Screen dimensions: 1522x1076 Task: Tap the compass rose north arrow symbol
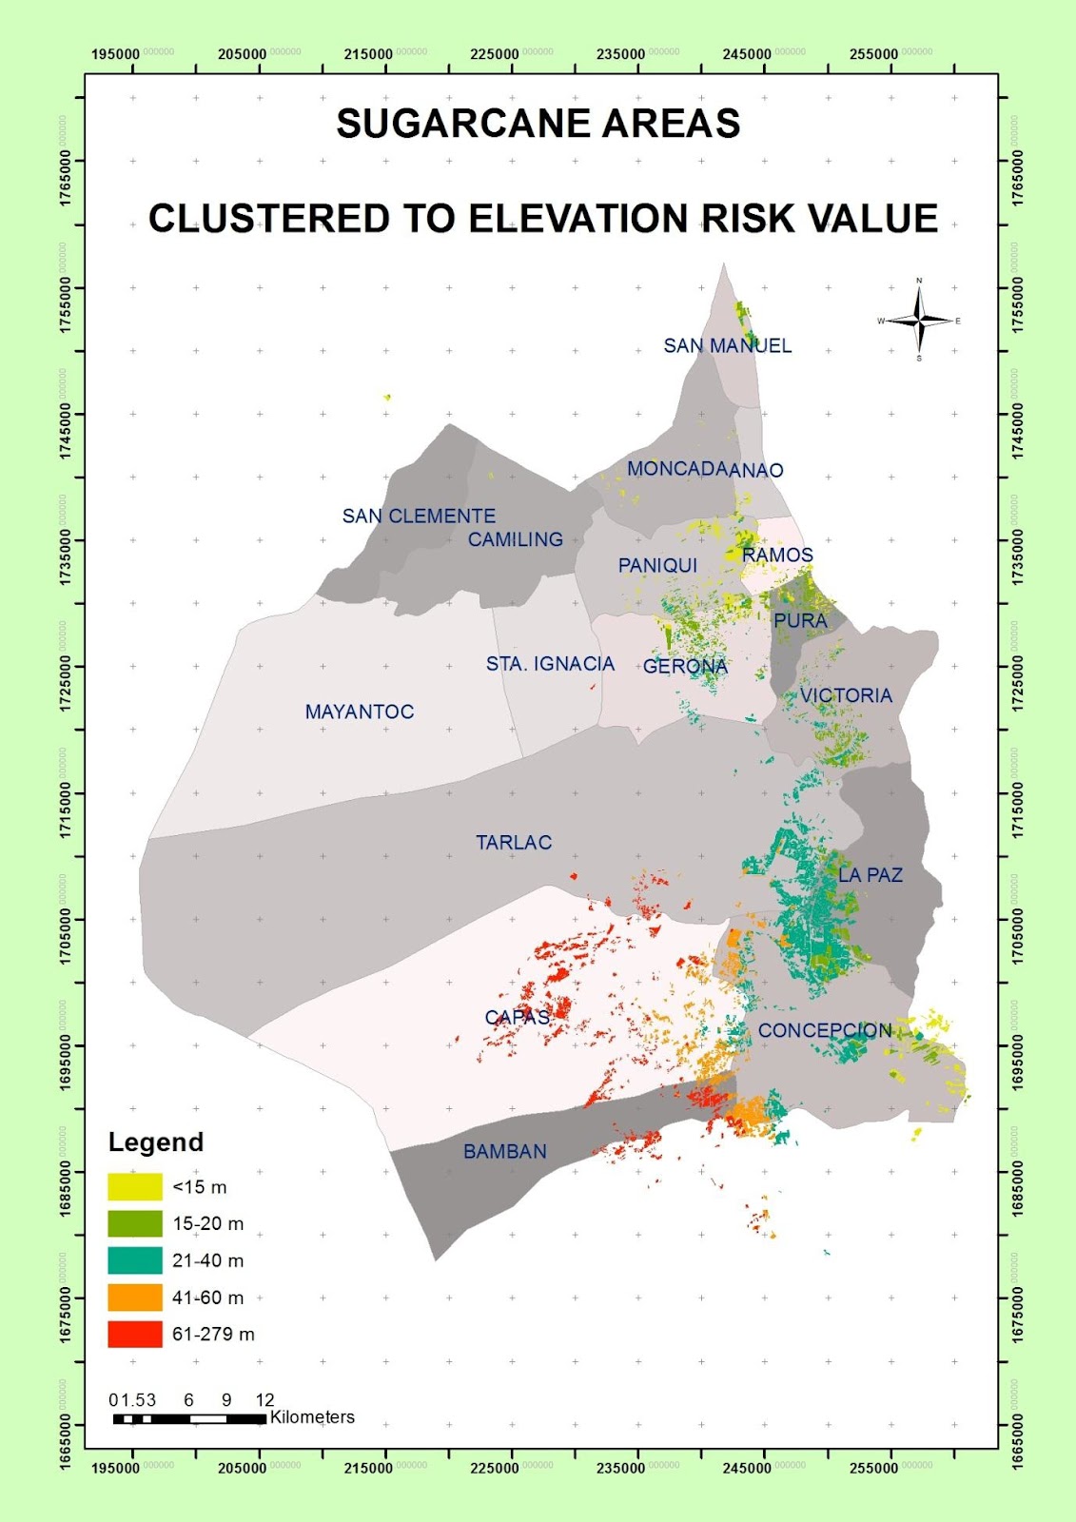(919, 321)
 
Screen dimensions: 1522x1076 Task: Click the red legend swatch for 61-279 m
(135, 1334)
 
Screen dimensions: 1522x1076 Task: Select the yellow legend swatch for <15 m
(135, 1186)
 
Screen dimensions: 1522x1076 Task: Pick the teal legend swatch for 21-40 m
(135, 1260)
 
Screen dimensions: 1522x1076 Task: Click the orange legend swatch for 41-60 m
(135, 1298)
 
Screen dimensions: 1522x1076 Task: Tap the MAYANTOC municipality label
(360, 712)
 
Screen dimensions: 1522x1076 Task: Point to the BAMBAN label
(505, 1152)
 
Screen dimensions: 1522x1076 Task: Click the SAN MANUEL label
(727, 346)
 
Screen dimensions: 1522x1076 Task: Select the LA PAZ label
(870, 875)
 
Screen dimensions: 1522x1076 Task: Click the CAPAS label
(518, 1017)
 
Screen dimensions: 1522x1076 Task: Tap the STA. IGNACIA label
(550, 664)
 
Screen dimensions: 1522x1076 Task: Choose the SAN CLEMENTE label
(419, 517)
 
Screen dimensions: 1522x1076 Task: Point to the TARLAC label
(514, 843)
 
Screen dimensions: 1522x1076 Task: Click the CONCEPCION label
(825, 1031)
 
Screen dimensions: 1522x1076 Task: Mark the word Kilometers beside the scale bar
(312, 1417)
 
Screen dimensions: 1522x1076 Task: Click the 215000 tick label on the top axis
(368, 54)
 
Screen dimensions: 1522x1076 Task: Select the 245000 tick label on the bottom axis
(747, 1468)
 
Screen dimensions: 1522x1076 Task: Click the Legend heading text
(156, 1142)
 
